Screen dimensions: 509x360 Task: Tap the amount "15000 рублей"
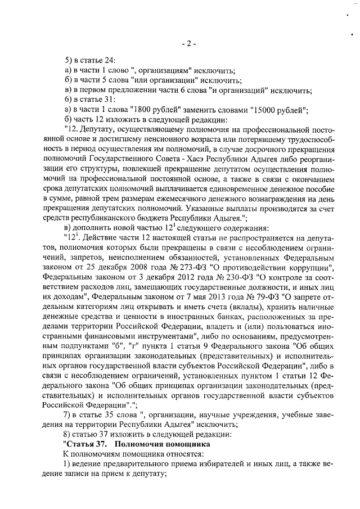coord(277,109)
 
